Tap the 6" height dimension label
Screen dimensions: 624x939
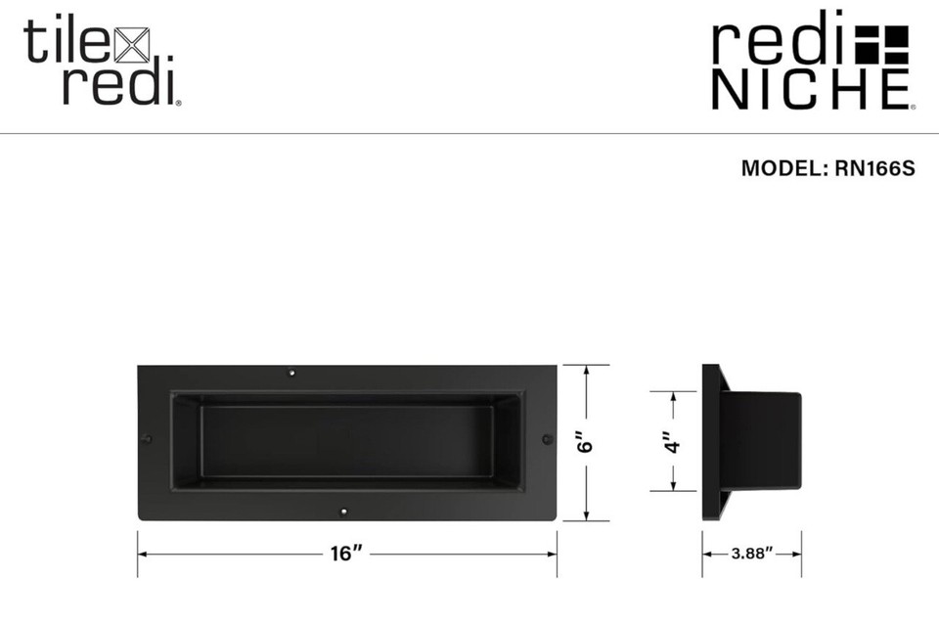click(585, 443)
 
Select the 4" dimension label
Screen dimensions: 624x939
click(673, 442)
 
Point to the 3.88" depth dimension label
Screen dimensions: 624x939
click(752, 554)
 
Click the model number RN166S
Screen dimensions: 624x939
click(874, 168)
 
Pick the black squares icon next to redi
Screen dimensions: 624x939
click(882, 43)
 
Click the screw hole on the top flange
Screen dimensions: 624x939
click(291, 373)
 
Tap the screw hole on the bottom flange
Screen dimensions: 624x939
click(343, 512)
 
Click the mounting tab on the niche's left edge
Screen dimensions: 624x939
click(147, 438)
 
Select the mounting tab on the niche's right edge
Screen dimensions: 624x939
click(547, 439)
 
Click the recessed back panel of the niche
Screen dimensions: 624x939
click(347, 440)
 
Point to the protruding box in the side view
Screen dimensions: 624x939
click(765, 440)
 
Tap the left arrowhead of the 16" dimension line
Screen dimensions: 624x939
click(143, 554)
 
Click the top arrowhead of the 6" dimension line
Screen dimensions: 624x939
click(585, 371)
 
